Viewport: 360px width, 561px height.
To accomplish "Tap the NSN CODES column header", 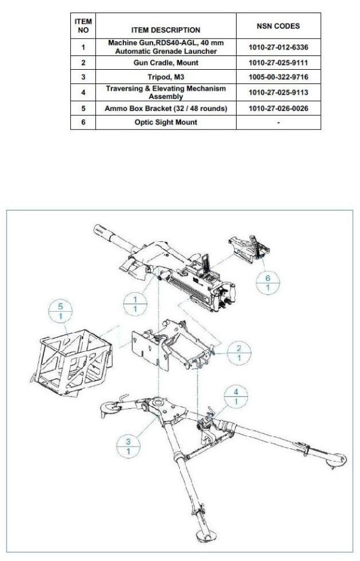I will [278, 27].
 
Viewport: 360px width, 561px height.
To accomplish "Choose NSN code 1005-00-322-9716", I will [278, 77].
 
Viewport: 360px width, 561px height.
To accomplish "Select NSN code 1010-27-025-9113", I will [278, 92].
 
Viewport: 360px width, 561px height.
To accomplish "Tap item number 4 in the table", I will [83, 92].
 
